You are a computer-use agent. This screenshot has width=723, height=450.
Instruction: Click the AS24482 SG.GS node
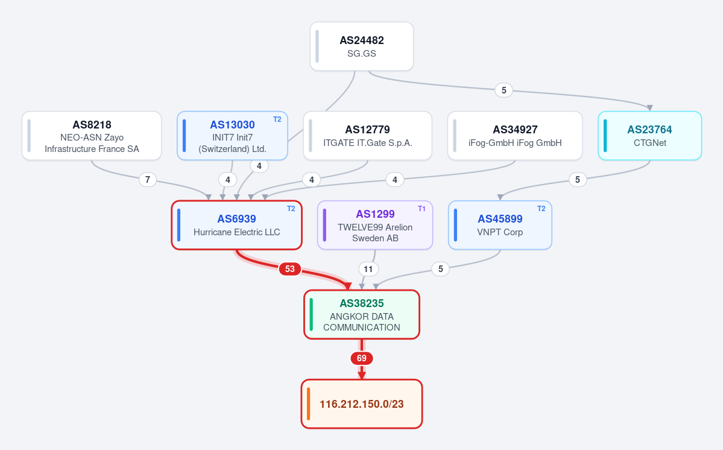point(362,46)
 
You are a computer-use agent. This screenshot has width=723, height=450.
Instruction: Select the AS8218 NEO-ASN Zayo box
point(92,136)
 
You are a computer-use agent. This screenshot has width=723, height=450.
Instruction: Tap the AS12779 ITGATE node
point(367,136)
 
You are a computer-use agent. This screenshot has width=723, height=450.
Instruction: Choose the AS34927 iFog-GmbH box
point(515,136)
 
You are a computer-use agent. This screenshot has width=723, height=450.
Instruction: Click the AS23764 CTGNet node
point(649,136)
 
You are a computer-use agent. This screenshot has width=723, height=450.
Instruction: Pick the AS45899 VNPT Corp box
point(500,225)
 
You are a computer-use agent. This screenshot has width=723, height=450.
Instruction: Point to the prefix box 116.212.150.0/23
point(362,404)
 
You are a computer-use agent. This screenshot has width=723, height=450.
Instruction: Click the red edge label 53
point(289,269)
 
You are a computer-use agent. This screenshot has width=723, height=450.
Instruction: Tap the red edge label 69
point(362,358)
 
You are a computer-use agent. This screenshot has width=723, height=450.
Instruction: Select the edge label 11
point(368,269)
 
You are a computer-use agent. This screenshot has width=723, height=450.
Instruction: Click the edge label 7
point(148,179)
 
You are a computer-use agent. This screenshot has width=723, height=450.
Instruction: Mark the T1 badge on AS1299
point(421,209)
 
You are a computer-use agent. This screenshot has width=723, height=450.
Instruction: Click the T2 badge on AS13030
point(277,119)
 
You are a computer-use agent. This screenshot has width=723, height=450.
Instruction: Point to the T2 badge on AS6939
point(291,209)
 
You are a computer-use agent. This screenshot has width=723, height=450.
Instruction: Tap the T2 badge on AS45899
point(541,209)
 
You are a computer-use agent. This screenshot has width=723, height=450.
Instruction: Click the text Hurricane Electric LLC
point(236,232)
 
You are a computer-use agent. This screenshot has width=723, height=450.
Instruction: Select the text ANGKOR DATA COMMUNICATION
point(362,322)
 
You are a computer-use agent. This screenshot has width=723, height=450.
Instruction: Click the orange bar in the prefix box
point(309,404)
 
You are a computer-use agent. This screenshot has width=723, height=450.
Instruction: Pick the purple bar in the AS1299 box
point(324,225)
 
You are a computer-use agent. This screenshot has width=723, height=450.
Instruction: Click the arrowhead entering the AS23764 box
point(649,108)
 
